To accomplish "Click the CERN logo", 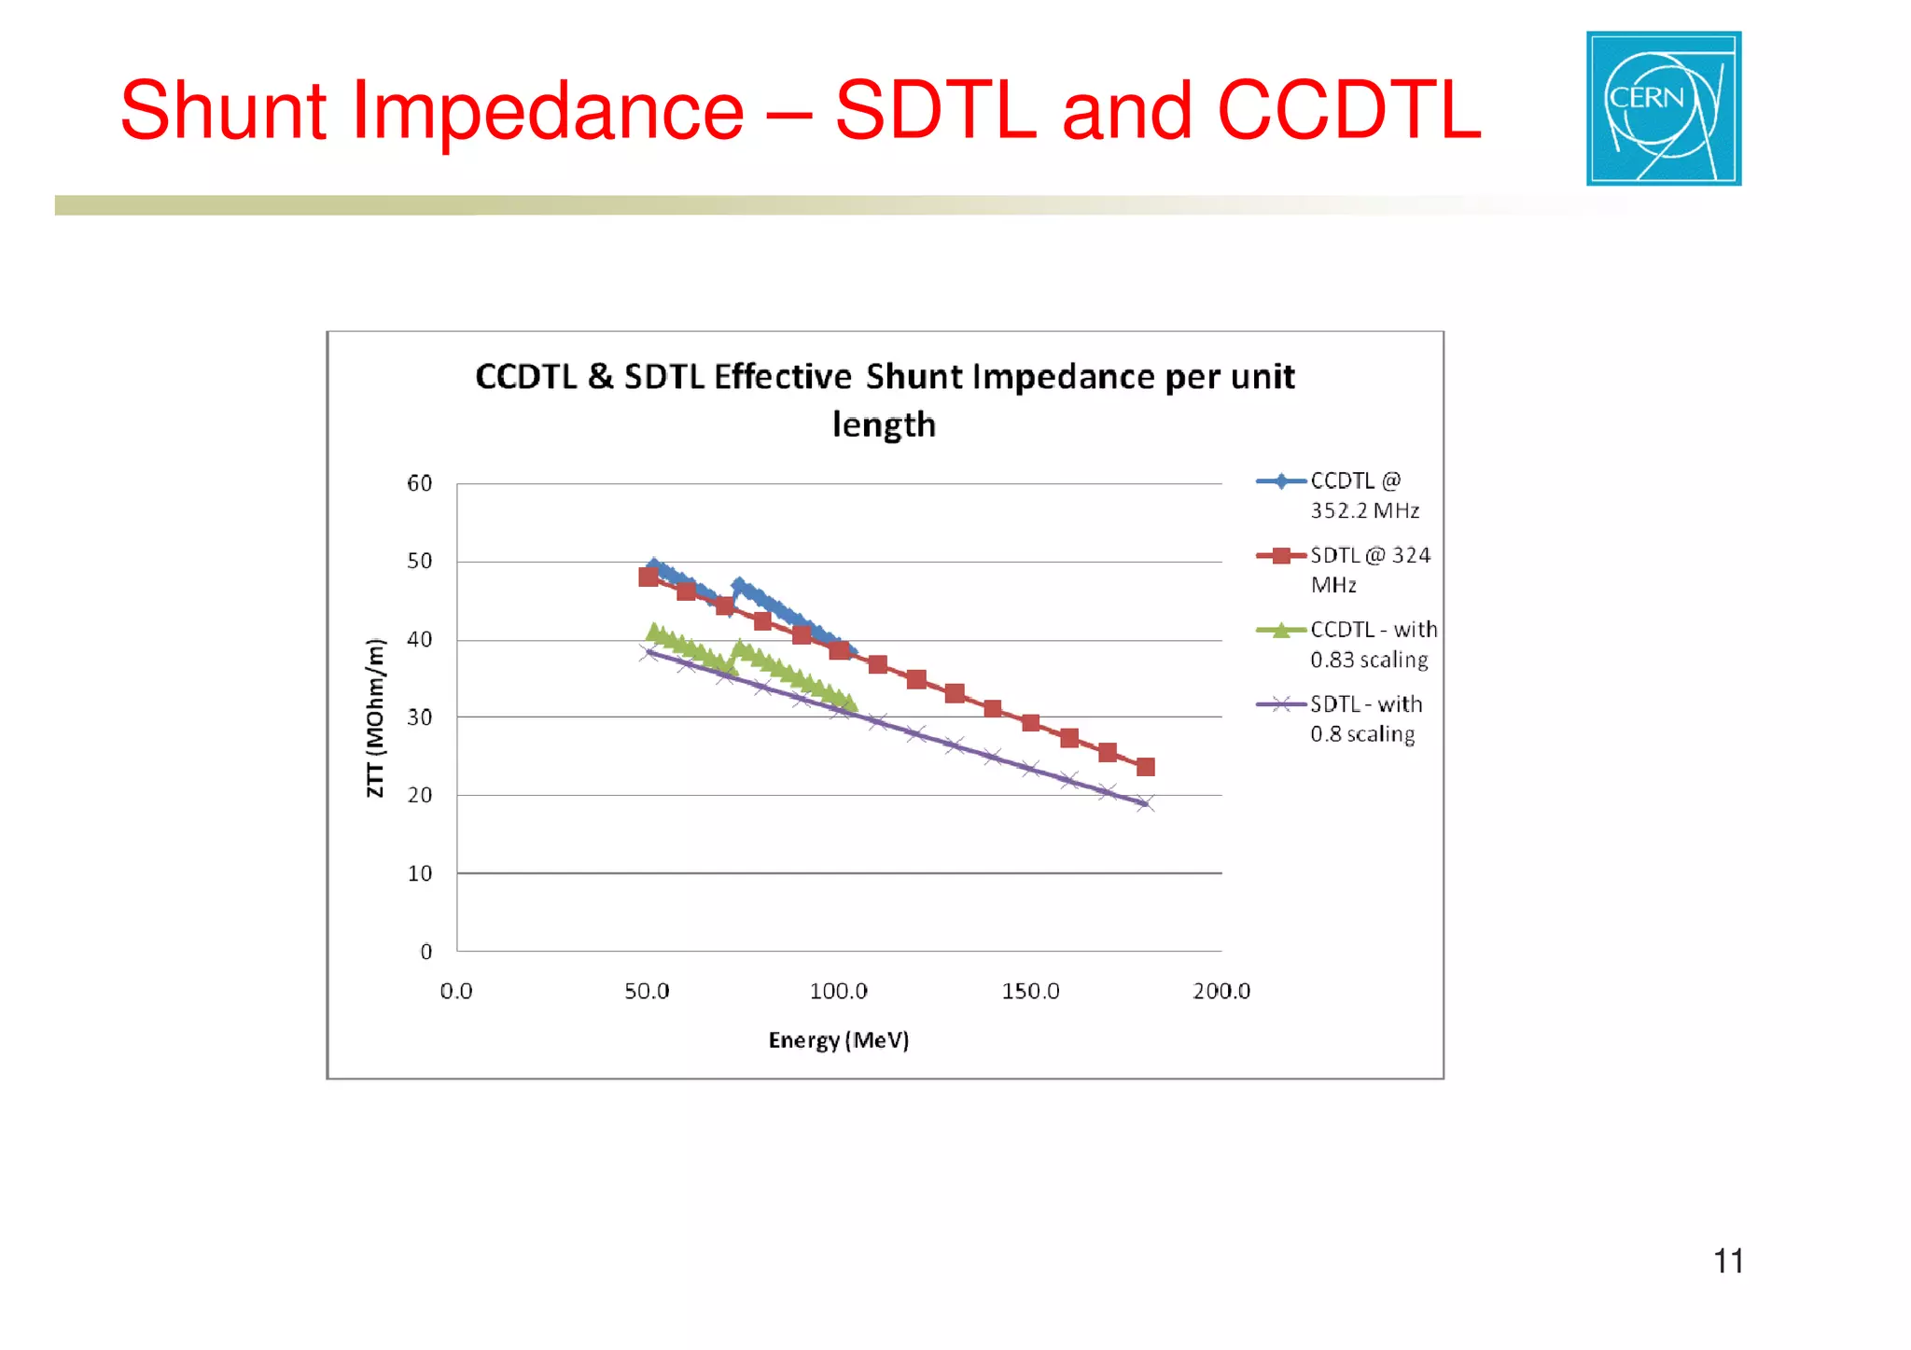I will coord(1663,108).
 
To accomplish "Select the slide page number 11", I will coord(1727,1261).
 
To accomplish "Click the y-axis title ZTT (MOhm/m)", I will coord(375,717).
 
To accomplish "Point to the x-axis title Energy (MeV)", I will coord(838,1039).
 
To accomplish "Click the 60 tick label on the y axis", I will coord(420,483).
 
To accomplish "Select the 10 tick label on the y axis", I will coord(420,873).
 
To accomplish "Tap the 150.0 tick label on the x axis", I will coord(1030,991).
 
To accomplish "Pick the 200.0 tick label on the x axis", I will coord(1221,991).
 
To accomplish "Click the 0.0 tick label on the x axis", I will coord(456,991).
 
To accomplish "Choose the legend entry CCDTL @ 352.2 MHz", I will coord(1363,495).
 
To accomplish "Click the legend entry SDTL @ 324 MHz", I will coord(1368,570).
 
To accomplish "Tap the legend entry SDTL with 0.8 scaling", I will coord(1365,719).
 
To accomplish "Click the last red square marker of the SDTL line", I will coord(1146,767).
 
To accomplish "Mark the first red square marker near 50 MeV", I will coord(649,577).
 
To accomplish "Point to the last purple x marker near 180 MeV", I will coord(1145,803).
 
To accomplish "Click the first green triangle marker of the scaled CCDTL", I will coord(654,632).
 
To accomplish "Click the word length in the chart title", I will coord(884,424).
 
